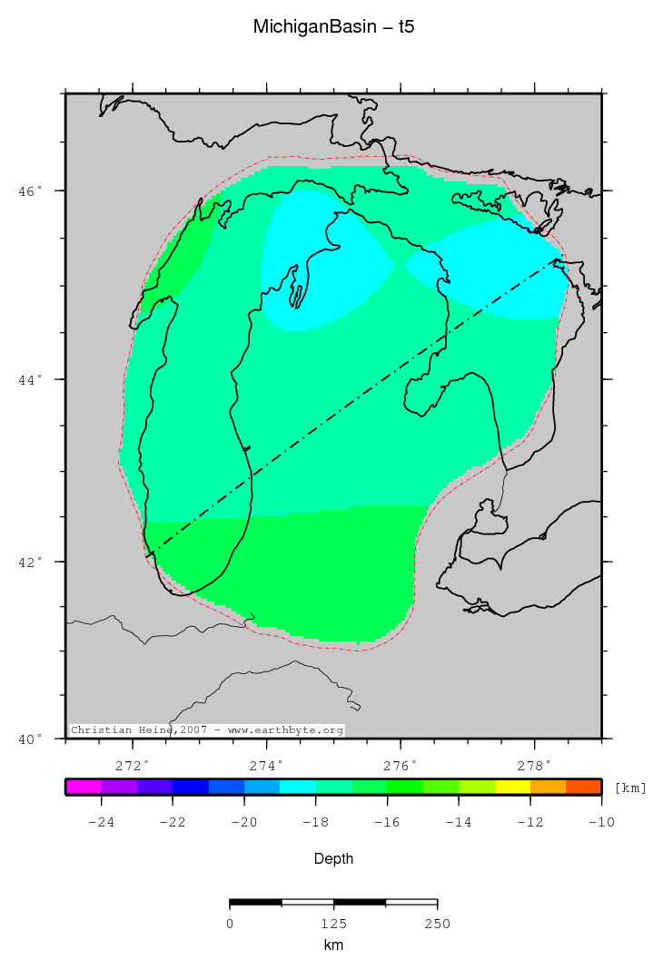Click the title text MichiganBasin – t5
333,28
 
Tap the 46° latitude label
31,191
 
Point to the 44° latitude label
31,379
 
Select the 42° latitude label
31,562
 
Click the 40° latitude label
31,739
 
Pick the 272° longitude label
134,764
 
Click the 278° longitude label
534,764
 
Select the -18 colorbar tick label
314,822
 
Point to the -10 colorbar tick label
599,822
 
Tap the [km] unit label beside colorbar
630,788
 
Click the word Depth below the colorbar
333,858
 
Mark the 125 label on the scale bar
333,924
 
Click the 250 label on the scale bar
437,924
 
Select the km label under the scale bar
333,945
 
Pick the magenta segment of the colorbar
83,787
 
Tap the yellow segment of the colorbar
512,787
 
